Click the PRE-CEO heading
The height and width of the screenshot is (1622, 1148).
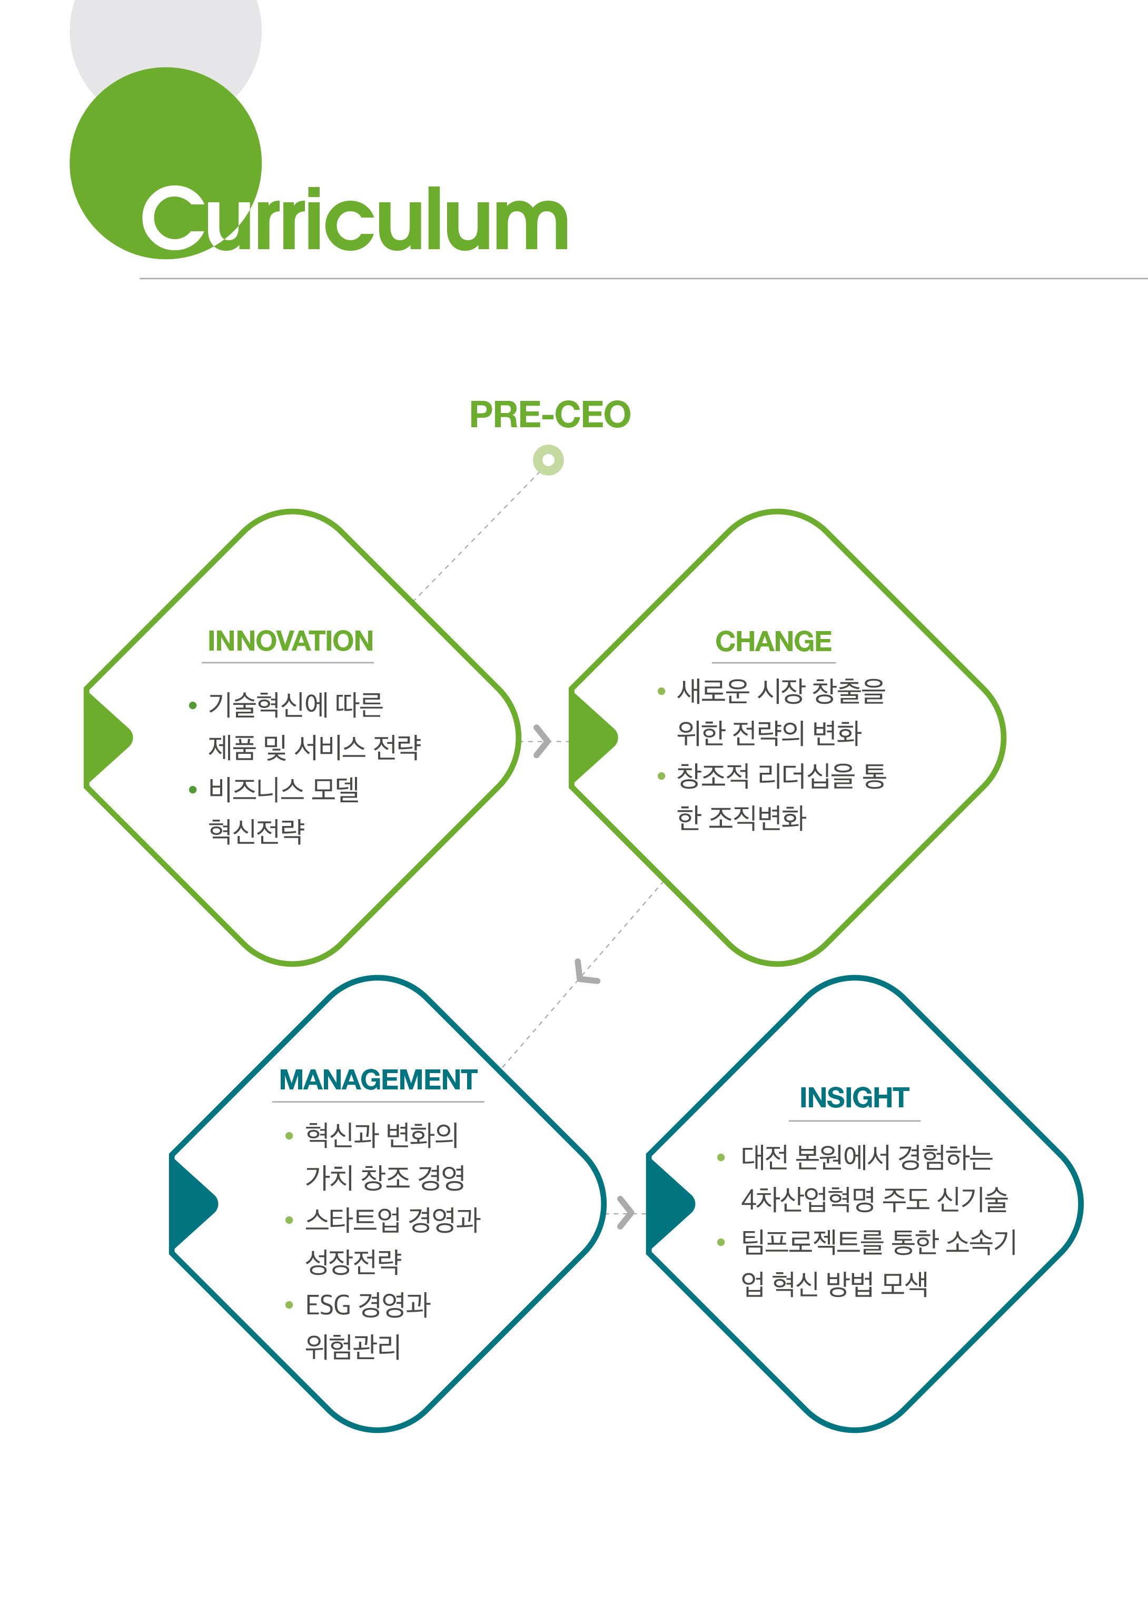click(x=550, y=415)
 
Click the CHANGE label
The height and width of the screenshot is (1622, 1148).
click(x=774, y=641)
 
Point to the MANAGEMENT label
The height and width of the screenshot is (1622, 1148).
click(x=378, y=1080)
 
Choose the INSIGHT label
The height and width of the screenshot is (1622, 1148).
click(x=854, y=1098)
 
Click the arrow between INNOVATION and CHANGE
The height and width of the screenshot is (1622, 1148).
click(x=542, y=741)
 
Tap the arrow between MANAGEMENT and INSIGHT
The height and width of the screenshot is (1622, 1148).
click(x=626, y=1213)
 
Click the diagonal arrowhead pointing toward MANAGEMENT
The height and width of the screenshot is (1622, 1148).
click(x=585, y=973)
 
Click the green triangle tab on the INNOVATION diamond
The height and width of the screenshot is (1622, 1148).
click(x=106, y=738)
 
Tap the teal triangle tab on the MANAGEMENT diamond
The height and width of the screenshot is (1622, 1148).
click(x=192, y=1203)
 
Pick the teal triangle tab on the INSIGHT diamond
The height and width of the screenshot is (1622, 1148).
click(x=669, y=1203)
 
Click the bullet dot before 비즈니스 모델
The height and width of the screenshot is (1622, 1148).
click(x=192, y=790)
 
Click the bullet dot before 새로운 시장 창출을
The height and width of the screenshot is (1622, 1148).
click(x=661, y=692)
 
